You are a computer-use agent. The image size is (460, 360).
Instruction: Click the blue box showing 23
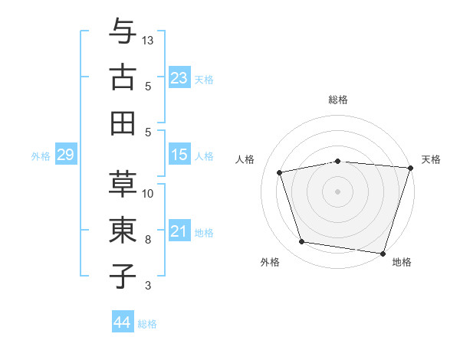(x=179, y=77)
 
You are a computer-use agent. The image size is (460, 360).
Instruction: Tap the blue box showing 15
(x=179, y=155)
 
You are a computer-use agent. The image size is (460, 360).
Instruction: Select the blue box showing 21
(x=179, y=231)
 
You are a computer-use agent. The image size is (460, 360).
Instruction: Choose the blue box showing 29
(x=65, y=155)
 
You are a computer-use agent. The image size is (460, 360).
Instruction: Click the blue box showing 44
(x=122, y=322)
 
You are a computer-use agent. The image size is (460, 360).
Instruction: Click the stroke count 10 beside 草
(x=148, y=193)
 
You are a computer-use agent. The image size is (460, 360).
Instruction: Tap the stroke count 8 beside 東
(x=148, y=240)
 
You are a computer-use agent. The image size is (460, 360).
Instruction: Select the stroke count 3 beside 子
(x=148, y=286)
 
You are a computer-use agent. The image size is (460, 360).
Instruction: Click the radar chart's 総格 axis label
(x=337, y=100)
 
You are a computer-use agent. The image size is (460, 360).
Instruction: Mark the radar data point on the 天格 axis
(x=410, y=168)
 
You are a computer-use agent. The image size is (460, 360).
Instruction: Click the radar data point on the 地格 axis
(x=382, y=253)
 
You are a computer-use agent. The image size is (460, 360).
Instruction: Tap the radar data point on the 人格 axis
(x=280, y=172)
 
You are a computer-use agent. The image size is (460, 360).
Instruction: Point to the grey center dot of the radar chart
(x=337, y=191)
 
